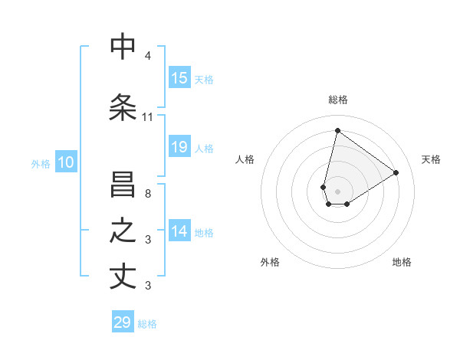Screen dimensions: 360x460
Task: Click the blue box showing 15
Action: pos(179,78)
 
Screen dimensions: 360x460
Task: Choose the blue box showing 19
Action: pos(179,147)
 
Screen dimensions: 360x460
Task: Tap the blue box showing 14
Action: pos(179,232)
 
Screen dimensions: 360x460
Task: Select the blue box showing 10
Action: pos(66,162)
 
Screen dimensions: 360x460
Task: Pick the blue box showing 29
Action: pos(123,322)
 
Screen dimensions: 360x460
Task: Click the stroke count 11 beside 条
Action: pos(148,117)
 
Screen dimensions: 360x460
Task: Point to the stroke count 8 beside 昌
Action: pos(148,195)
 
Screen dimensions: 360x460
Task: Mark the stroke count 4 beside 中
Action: pos(148,56)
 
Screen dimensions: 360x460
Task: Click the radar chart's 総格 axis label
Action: pos(337,100)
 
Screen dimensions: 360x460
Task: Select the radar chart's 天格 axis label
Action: pos(431,159)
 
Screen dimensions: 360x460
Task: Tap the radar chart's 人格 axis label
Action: pos(245,159)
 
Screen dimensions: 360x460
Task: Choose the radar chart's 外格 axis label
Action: pos(270,263)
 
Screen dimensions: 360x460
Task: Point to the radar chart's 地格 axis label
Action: pos(402,263)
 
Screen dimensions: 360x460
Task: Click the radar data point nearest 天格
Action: pos(396,172)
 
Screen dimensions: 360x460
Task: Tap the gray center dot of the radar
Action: pos(337,191)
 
